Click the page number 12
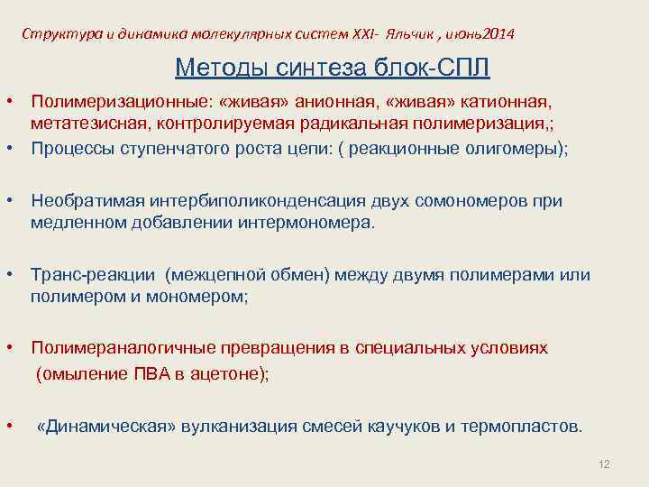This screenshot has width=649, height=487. [604, 464]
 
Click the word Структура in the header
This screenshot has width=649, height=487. [57, 34]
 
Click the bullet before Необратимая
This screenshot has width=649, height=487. [8, 200]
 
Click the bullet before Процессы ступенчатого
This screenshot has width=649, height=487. [8, 149]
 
